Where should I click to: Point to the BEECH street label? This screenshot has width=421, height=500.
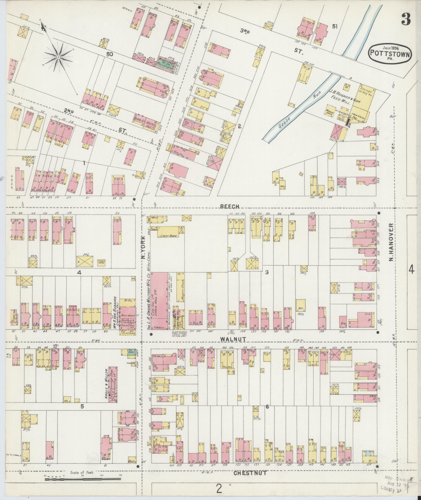point(230,206)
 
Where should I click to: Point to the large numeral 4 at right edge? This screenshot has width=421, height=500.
point(411,269)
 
